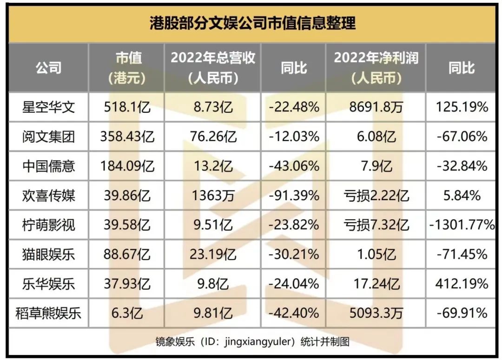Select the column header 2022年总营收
213,58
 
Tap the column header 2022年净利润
376,58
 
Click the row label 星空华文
48,107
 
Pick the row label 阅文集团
48,137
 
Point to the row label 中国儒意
48,166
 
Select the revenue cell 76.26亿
213,137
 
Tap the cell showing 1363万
213,196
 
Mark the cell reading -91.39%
294,196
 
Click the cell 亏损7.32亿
376,225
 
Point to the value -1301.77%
462,225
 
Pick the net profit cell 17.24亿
376,284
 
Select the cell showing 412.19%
462,284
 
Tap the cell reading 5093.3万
376,313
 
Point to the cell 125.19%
462,107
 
